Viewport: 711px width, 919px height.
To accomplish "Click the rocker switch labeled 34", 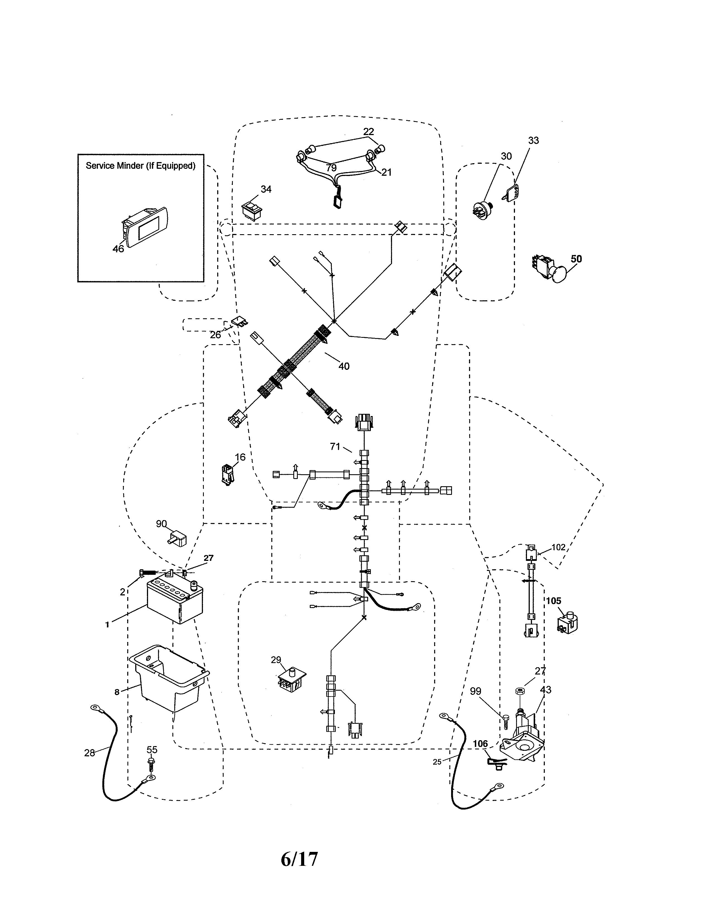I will click(252, 209).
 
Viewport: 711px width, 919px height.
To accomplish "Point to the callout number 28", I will click(89, 753).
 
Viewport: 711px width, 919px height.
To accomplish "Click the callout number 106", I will click(480, 744).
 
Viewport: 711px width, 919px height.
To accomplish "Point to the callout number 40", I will click(344, 366).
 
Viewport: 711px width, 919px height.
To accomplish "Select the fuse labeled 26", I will click(240, 323).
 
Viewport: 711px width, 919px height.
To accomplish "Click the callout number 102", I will click(558, 547).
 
